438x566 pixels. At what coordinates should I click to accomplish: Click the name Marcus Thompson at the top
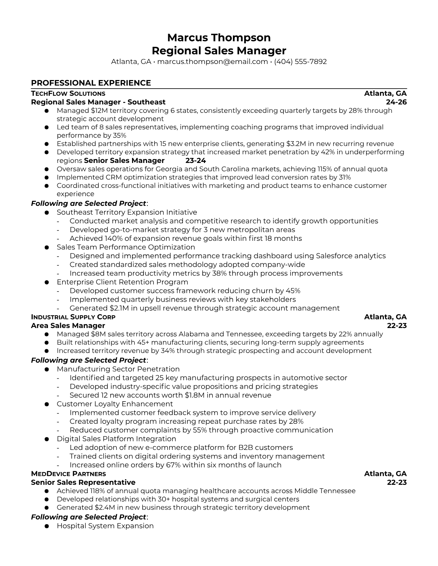pos(219,38)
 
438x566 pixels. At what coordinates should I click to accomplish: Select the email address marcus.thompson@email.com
pos(213,61)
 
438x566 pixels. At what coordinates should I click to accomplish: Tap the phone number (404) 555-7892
pos(300,61)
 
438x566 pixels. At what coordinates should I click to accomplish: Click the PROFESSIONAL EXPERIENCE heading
pos(91,83)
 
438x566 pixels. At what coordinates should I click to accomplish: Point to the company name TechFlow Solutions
pos(68,94)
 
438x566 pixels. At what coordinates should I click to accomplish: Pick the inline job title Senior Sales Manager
pos(124,160)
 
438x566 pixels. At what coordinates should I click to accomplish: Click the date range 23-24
pos(196,160)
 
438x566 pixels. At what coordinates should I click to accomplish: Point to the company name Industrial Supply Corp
pos(73,317)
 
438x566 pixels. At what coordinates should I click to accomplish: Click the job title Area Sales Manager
pos(68,326)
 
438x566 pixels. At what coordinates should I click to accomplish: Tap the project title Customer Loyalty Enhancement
pos(115,404)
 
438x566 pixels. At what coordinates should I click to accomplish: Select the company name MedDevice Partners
pos(68,474)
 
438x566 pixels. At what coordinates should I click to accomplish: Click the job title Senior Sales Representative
pos(83,482)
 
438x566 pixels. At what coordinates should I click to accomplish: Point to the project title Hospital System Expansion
pos(105,526)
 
